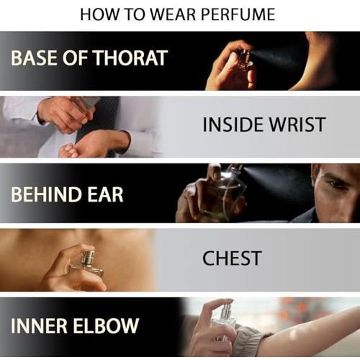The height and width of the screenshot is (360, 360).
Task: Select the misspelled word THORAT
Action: (x=130, y=58)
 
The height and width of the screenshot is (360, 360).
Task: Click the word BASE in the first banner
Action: (x=35, y=58)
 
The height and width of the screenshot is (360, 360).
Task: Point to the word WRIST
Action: (x=297, y=125)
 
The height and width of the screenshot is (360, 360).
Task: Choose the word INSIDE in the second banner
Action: (x=233, y=125)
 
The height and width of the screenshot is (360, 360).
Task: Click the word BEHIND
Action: (x=45, y=194)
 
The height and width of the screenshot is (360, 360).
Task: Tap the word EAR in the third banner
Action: (x=105, y=194)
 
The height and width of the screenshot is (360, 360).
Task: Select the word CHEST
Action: (x=232, y=258)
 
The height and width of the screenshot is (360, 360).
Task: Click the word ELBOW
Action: (x=106, y=325)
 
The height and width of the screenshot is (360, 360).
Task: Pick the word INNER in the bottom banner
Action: (x=39, y=325)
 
